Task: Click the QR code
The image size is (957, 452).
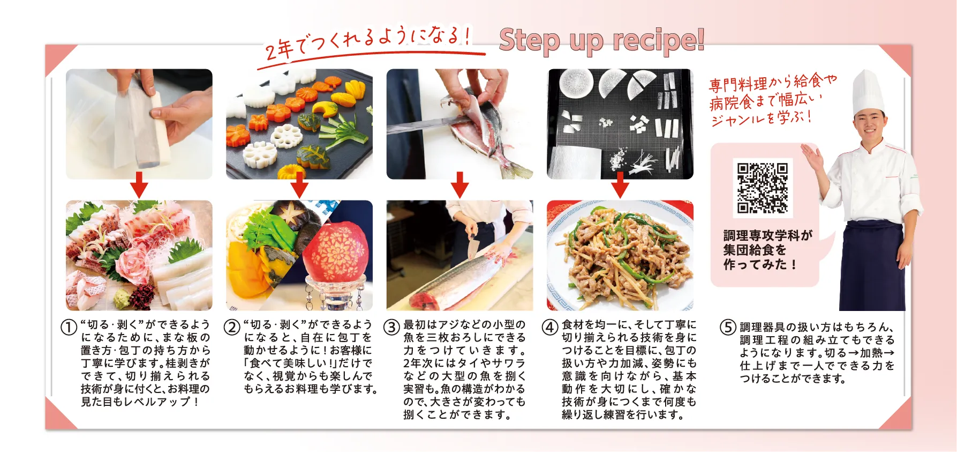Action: (x=763, y=188)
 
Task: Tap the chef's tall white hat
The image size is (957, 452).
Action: (x=868, y=93)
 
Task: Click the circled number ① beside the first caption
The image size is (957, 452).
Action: (x=69, y=327)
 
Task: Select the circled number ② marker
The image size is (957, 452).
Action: (x=231, y=327)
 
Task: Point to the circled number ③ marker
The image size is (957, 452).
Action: (x=391, y=327)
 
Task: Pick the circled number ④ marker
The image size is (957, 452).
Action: (x=550, y=327)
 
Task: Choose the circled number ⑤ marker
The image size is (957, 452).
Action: (x=727, y=327)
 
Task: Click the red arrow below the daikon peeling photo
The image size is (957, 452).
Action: (x=139, y=185)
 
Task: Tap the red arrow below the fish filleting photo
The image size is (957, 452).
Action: (x=459, y=185)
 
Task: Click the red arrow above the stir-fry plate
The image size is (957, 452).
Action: (x=620, y=185)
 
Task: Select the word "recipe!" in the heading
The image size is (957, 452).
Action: (x=658, y=41)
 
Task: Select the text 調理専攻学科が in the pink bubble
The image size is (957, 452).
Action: (x=767, y=235)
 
